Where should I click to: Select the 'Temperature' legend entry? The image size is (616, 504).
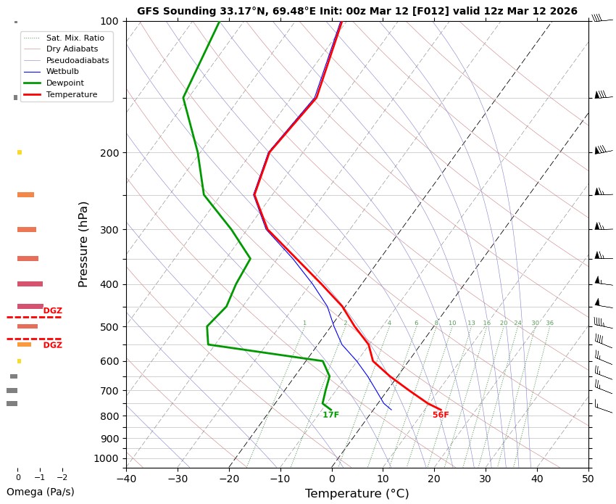click(x=71, y=94)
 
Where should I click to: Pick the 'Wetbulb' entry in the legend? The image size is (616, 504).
click(x=62, y=72)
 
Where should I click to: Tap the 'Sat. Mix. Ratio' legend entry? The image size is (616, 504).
click(x=75, y=37)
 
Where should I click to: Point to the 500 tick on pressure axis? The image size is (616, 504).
click(x=109, y=327)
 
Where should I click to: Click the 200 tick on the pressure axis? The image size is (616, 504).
click(x=109, y=153)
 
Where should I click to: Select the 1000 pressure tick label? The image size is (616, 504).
click(x=107, y=458)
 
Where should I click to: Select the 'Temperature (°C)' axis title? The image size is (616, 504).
click(x=357, y=494)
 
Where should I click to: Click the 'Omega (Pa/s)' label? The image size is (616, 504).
click(x=40, y=492)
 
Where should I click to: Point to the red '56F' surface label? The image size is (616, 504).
click(x=441, y=415)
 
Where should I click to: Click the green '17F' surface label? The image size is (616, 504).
click(x=330, y=415)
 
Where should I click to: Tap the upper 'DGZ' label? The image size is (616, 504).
click(x=52, y=311)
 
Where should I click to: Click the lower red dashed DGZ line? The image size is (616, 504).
click(x=33, y=339)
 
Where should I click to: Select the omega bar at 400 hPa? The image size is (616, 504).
click(x=30, y=284)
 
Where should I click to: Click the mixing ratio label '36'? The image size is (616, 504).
click(x=549, y=323)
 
